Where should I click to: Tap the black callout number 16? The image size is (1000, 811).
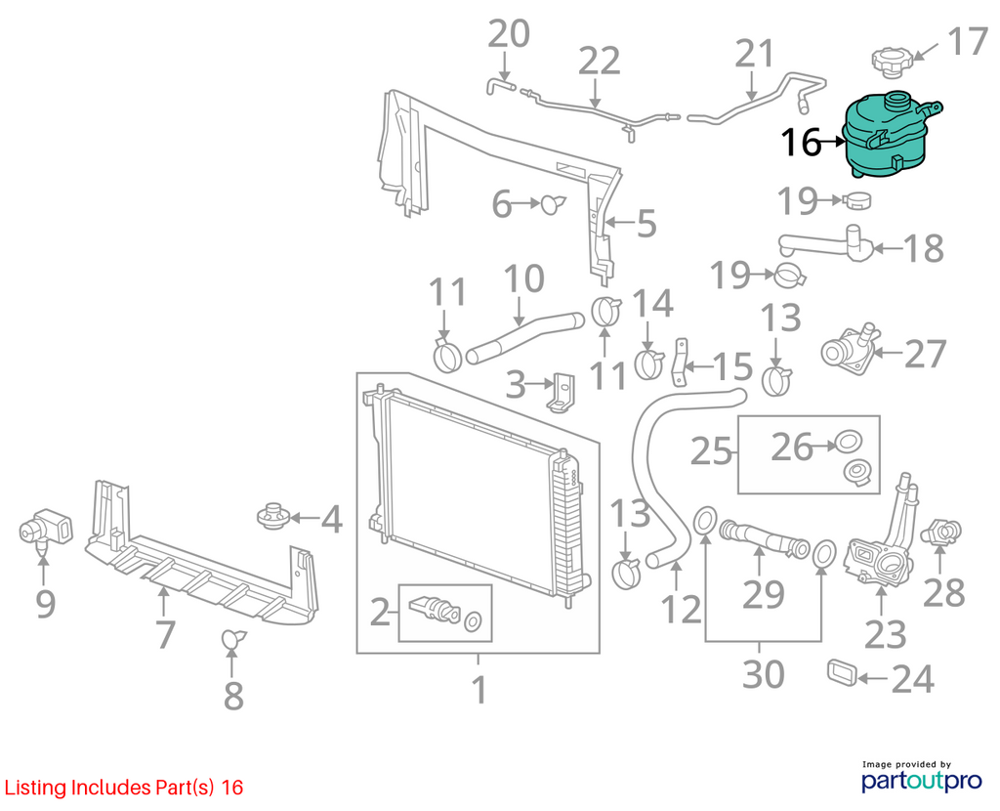[801, 143]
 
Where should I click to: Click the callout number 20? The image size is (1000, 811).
[509, 34]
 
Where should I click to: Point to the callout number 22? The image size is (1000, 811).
[600, 62]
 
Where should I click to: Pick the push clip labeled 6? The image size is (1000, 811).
[553, 203]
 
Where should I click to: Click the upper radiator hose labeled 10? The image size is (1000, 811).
[524, 337]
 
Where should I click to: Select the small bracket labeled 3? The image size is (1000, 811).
[562, 392]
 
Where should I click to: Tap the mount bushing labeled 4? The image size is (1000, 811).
[273, 516]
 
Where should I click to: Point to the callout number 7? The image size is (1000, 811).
[165, 634]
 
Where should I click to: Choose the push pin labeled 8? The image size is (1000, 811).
[232, 638]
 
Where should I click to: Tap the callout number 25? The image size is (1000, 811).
[711, 451]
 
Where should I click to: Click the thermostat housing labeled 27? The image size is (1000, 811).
[851, 347]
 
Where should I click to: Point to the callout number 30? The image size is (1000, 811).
[764, 674]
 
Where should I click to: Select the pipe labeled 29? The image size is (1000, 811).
[764, 537]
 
